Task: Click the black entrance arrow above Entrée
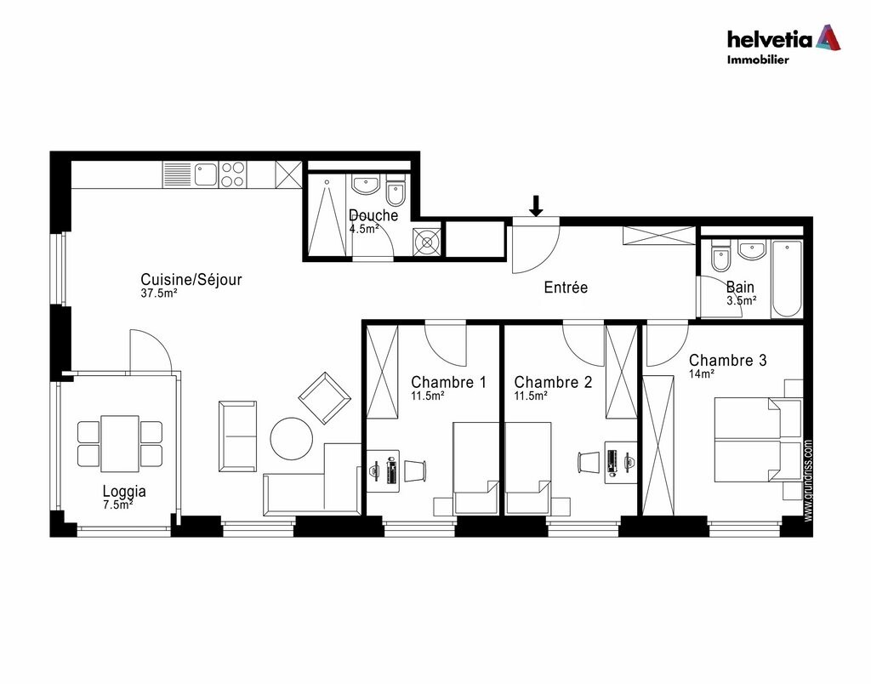[536, 206]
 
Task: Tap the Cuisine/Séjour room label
[191, 280]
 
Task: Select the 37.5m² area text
[159, 294]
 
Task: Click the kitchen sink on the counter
[205, 175]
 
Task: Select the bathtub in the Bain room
[787, 278]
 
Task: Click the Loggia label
[124, 491]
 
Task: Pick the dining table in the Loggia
[120, 443]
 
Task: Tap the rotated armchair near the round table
[324, 398]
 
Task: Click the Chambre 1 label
[448, 383]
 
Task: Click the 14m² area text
[702, 373]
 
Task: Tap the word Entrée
[566, 288]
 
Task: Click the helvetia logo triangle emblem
[828, 37]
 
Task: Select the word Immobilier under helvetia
[757, 60]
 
